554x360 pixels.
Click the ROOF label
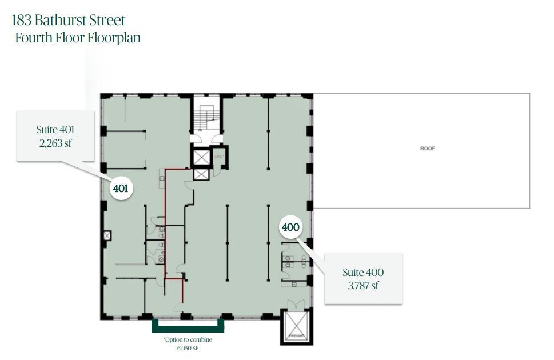[427, 149]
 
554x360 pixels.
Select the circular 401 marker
[121, 188]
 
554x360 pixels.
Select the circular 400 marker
[290, 227]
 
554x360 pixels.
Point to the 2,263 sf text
[56, 143]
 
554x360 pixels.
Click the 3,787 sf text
[363, 286]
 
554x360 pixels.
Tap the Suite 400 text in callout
[363, 273]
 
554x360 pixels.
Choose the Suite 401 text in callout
[55, 130]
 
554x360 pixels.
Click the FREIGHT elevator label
[296, 336]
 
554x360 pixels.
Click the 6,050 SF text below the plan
[187, 347]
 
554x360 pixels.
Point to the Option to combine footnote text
[188, 340]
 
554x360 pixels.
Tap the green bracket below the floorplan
[188, 329]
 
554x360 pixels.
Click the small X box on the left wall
[106, 235]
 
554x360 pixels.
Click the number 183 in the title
[22, 20]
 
